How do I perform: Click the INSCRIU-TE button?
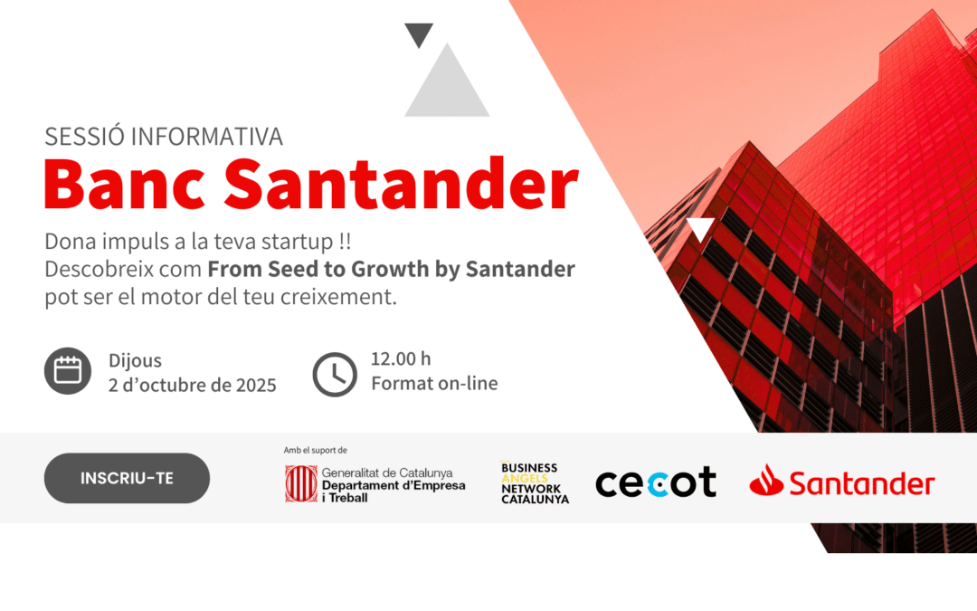pos(127,478)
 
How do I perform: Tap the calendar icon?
pos(68,371)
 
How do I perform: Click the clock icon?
pos(335,373)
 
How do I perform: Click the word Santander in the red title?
pos(401,185)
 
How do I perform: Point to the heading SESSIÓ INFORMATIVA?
pos(164,137)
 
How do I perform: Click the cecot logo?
pos(655,482)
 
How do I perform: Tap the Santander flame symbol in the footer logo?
pos(766,481)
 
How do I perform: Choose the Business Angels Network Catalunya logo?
pos(535,483)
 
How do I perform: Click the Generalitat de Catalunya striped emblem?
pos(300,483)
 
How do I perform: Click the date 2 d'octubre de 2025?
pos(193,385)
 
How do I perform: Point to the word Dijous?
pos(135,361)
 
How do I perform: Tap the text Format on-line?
pos(434,383)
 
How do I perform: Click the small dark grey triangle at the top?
pos(419,33)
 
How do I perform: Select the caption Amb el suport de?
pos(315,450)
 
